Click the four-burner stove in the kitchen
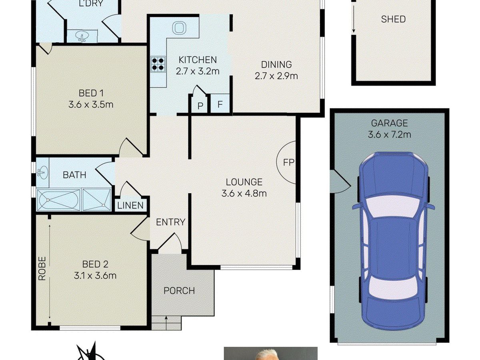tap(158, 64)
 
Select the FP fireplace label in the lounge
tap(288, 162)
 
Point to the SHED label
tap(393, 19)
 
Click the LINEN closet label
tap(130, 206)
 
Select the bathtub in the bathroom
tap(58, 200)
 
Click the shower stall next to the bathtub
tap(96, 200)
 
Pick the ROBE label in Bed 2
tap(42, 268)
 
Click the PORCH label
tap(179, 291)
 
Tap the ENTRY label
tap(170, 222)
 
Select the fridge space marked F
tap(220, 104)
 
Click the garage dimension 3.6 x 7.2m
tap(389, 134)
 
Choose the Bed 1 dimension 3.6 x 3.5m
tap(91, 105)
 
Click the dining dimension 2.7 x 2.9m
tap(276, 76)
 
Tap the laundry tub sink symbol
tap(82, 36)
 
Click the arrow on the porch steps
tap(166, 326)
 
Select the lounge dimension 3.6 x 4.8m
tap(244, 194)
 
